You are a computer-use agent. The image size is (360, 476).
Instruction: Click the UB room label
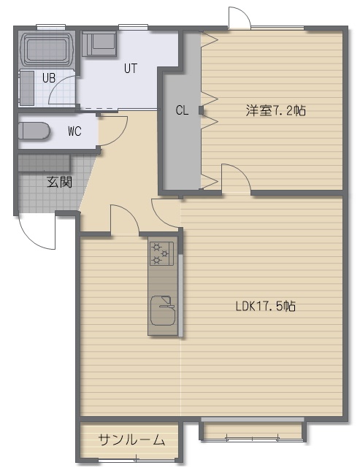[x=49, y=78]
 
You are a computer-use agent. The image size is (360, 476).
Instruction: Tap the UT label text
[x=131, y=69]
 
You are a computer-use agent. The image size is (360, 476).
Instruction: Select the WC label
[x=74, y=131]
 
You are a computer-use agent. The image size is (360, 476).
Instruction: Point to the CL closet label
[x=182, y=110]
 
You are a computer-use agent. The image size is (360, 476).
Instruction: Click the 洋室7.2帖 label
[x=275, y=110]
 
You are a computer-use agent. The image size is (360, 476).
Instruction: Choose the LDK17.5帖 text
[x=266, y=306]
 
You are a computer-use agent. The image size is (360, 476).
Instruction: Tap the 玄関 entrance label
[x=59, y=182]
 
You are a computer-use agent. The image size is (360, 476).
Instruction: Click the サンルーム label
[x=131, y=439]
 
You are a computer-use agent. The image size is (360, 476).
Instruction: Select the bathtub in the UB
[x=47, y=49]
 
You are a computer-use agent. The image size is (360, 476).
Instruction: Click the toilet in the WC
[x=34, y=131]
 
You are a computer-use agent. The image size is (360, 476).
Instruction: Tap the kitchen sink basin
[x=163, y=310]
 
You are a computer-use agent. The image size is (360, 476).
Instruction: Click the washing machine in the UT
[x=99, y=44]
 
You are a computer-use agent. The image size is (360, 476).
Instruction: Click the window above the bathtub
[x=51, y=27]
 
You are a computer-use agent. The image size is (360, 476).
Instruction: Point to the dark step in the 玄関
[x=45, y=164]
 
